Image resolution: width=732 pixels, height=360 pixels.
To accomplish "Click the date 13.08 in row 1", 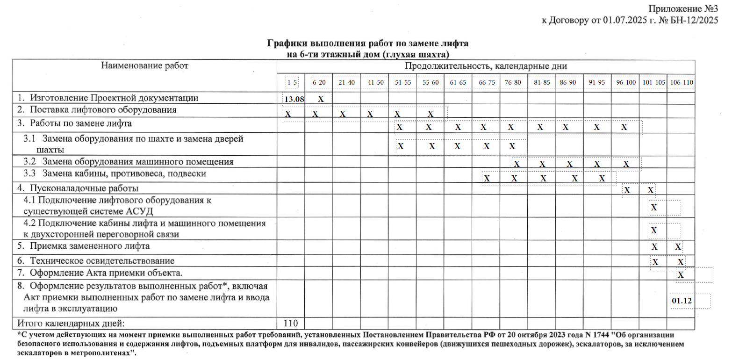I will [x=293, y=99].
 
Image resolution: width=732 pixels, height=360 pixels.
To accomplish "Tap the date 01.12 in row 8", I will [x=681, y=302].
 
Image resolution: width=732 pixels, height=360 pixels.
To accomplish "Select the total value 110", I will [x=291, y=323].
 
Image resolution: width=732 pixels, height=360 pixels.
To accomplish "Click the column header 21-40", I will [x=346, y=82].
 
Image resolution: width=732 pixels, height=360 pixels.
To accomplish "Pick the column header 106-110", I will [x=681, y=82].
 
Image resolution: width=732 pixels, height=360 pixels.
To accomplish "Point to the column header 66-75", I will [x=486, y=82].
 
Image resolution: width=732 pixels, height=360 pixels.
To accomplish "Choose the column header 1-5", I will [x=292, y=82].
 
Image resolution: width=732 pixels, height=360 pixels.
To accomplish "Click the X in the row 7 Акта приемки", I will [x=681, y=275].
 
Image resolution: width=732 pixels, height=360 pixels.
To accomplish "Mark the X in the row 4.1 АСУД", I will [x=654, y=207].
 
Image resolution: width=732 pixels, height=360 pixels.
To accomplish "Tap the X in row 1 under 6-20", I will [x=321, y=99].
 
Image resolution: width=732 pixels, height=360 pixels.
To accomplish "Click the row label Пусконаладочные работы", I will [x=84, y=189].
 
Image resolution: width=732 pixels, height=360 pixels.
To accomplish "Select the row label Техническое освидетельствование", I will [x=102, y=260].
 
